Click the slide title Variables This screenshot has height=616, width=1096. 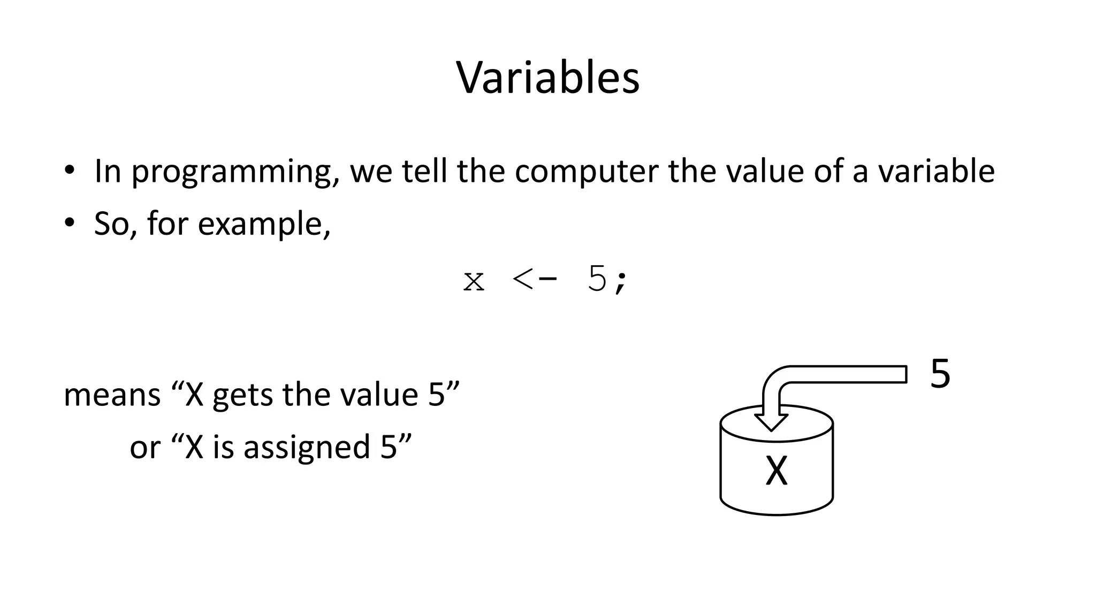[547, 78]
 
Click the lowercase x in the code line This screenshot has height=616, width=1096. [474, 281]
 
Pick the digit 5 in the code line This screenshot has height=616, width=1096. [597, 279]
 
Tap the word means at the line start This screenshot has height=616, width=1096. [112, 396]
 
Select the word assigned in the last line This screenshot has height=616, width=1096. [307, 447]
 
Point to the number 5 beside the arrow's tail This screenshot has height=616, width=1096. [940, 374]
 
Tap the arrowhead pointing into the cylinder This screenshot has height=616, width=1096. [771, 421]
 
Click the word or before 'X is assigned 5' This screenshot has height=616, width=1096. [144, 448]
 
